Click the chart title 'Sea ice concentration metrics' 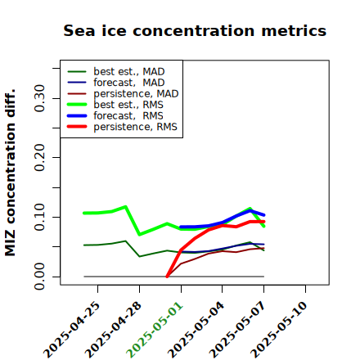(195, 31)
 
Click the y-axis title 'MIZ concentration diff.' (10, 173)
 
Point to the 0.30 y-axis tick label (39, 98)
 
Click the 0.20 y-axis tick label (39, 157)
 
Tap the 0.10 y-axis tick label (39, 217)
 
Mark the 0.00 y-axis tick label (39, 277)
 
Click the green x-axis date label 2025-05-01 (155, 330)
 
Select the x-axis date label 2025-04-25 (71, 330)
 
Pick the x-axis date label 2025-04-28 (113, 330)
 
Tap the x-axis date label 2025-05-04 (196, 330)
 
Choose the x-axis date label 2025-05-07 (237, 330)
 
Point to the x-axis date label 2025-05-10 (279, 330)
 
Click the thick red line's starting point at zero (167, 277)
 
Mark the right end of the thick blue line (264, 215)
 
